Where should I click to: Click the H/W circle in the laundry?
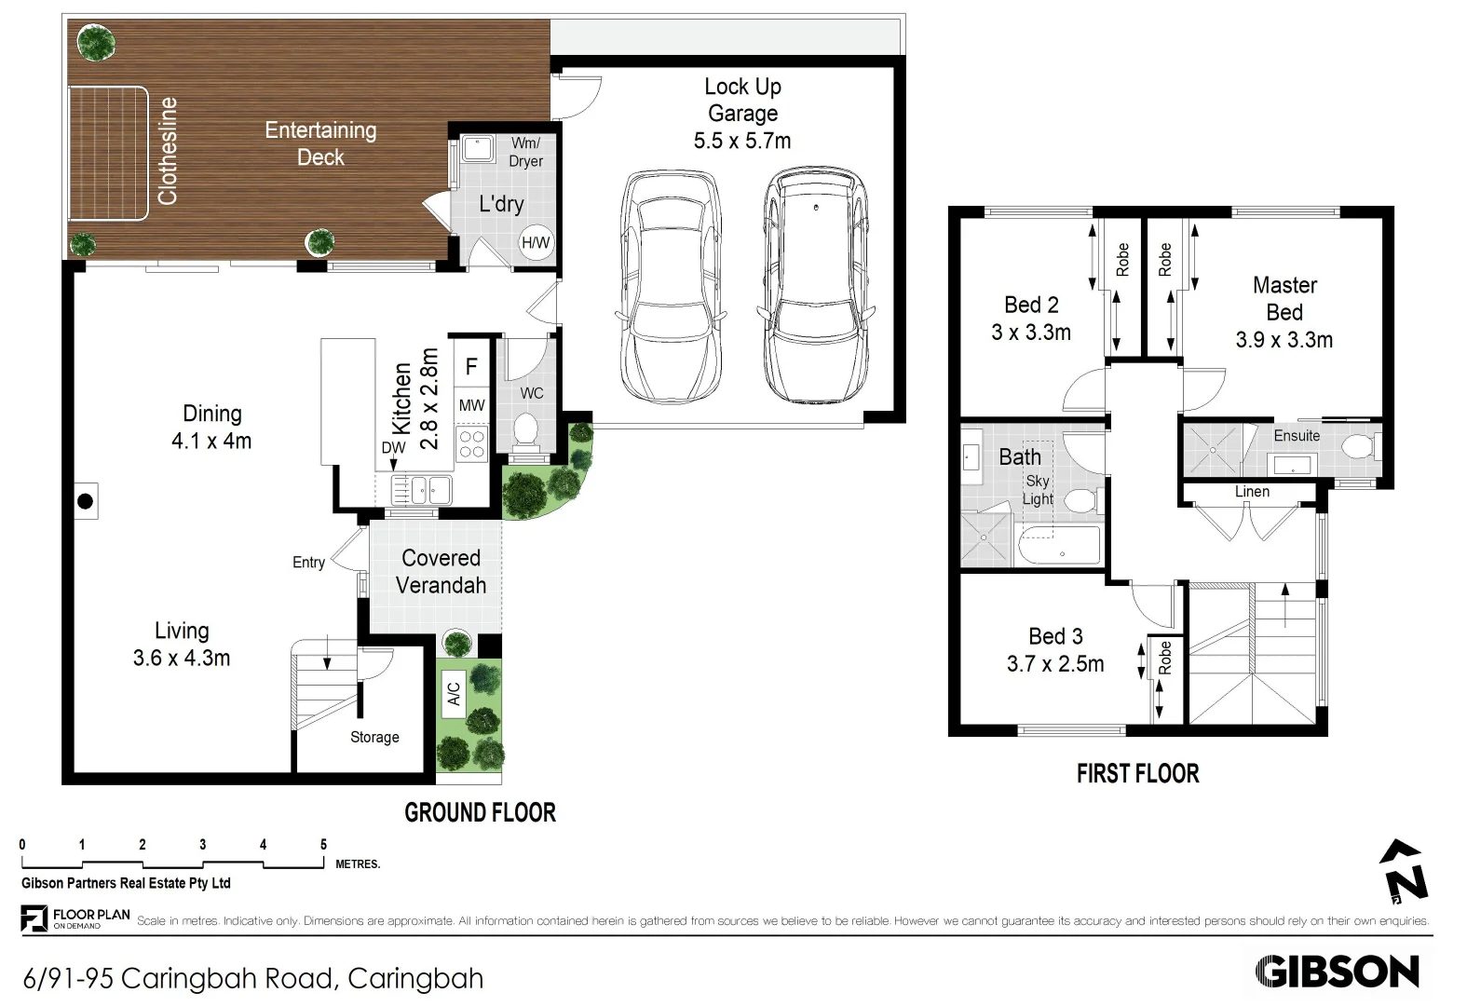point(535,243)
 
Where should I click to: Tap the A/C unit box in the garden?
point(454,694)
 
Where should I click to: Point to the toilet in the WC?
point(526,432)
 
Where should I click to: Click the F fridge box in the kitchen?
point(471,367)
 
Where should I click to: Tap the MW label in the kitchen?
point(471,405)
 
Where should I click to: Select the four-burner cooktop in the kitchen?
point(471,443)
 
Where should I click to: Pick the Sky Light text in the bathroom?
point(1038,490)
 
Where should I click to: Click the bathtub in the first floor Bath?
point(1059,546)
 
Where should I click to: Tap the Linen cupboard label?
point(1252,492)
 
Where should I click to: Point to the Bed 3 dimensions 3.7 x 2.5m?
point(1055,664)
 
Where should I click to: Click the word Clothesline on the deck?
point(168,151)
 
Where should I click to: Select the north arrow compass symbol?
point(1404,873)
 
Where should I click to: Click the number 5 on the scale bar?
point(324,845)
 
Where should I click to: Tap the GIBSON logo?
point(1337,972)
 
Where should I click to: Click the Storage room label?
point(374,737)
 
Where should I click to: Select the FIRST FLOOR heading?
point(1137,774)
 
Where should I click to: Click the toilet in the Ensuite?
point(1357,447)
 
